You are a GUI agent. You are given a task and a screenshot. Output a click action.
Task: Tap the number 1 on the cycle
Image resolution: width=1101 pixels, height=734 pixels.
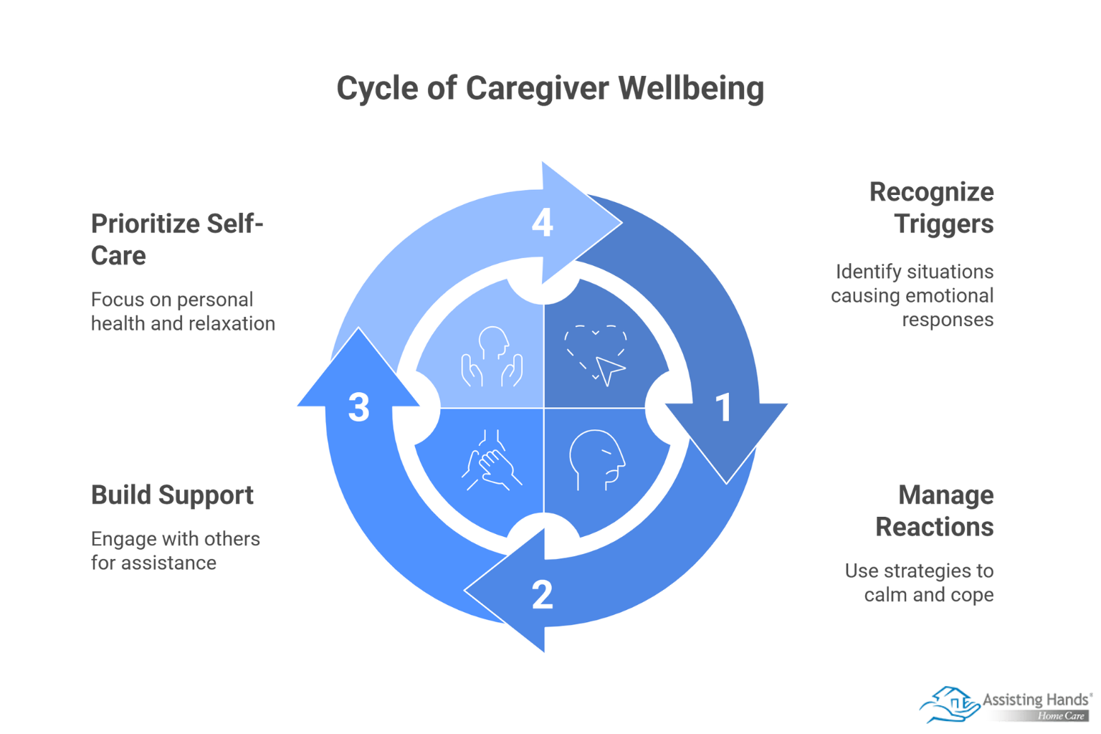pos(724,407)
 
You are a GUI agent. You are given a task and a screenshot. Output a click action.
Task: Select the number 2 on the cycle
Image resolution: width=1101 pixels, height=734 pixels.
pos(543,595)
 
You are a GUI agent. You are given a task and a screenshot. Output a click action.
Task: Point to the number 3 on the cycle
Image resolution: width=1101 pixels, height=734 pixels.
pos(358,407)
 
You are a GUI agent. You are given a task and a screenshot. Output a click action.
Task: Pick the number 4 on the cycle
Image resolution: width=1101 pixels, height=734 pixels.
pos(543,222)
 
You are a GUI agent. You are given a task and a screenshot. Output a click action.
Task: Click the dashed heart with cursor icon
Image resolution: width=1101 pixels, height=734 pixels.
pos(596,355)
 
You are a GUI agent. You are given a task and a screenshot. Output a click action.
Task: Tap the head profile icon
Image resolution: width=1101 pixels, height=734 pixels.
pos(596,459)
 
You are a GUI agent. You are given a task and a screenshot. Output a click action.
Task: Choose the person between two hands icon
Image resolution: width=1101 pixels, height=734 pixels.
pos(492,356)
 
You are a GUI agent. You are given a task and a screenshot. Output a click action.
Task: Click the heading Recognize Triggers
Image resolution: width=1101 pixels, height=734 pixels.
pos(931,208)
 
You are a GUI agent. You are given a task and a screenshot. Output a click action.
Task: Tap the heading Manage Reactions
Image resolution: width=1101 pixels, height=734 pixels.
pos(934,511)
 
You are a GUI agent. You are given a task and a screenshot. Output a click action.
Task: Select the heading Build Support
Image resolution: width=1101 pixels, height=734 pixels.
pos(172,495)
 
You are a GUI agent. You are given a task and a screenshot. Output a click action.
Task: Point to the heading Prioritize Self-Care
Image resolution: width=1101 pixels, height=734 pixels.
pos(176,239)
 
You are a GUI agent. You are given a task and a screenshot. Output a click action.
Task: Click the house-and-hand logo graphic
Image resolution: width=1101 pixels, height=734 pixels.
pos(949,704)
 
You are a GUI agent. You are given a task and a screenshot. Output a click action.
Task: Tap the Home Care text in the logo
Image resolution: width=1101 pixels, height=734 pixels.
pos(1061,716)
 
